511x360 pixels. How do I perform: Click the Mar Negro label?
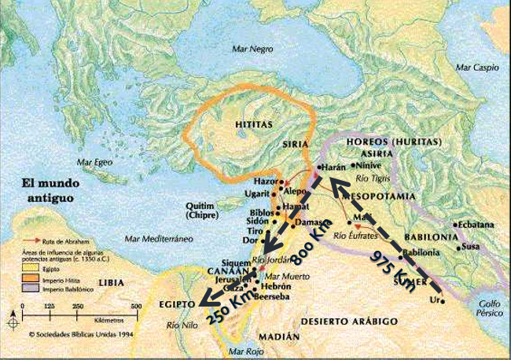(252, 49)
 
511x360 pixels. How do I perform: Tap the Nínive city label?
(369, 166)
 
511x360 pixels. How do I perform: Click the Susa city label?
(470, 246)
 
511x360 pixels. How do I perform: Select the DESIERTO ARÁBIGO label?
(351, 321)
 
